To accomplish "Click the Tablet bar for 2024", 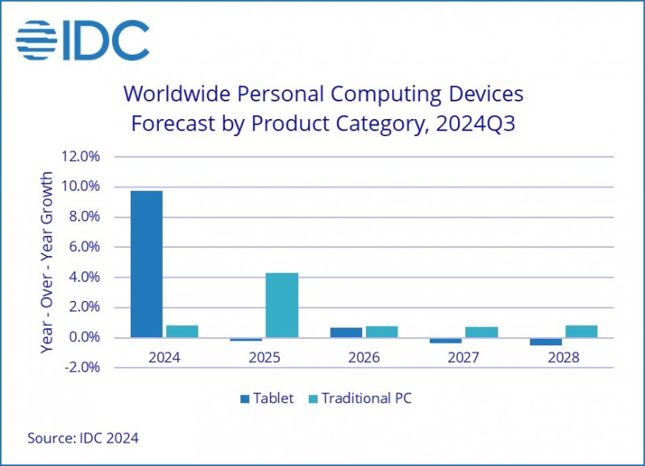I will coord(146,264).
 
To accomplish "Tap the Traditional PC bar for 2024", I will coord(181,332).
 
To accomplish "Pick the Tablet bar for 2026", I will coord(346,332).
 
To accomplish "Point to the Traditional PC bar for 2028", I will coord(580,332).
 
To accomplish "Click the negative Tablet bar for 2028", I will coord(546,342).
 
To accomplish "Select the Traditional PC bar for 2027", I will coord(481,332).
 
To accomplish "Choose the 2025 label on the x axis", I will coord(264,357).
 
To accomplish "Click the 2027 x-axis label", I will coord(464,357).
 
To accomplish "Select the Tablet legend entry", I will coord(266,398).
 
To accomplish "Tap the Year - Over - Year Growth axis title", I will coord(47,262).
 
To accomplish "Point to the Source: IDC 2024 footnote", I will coord(83,438).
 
